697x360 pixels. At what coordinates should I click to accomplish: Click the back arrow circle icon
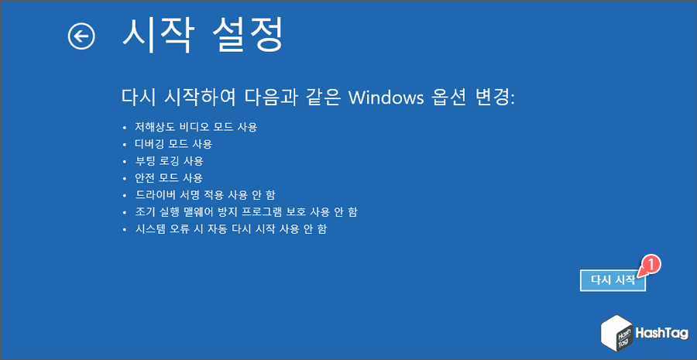click(81, 36)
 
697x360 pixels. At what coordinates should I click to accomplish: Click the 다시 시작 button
click(613, 280)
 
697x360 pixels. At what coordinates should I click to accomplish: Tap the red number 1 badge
click(651, 264)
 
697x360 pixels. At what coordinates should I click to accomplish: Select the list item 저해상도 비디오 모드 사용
click(196, 126)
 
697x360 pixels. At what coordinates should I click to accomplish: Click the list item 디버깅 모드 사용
click(173, 143)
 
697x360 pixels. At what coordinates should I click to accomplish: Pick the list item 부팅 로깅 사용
click(169, 161)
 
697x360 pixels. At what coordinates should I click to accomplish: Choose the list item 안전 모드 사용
click(169, 178)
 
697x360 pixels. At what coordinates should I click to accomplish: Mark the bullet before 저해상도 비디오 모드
click(125, 127)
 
